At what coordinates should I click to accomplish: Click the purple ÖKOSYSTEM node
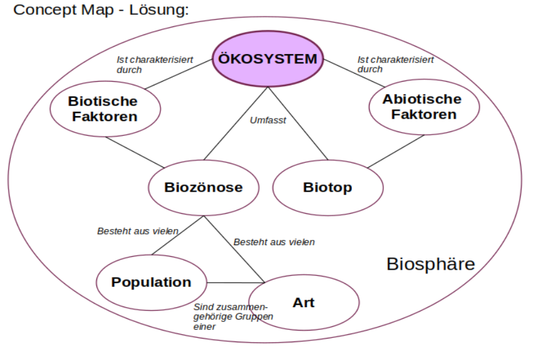point(268,59)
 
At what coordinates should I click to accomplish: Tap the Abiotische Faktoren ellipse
point(424,107)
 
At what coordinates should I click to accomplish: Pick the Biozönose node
point(203,187)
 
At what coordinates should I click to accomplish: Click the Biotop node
point(327,187)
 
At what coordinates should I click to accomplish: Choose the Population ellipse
point(151,283)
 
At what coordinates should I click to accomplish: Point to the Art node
point(303,302)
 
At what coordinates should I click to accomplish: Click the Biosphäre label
point(431,264)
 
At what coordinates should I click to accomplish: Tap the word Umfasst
point(268,120)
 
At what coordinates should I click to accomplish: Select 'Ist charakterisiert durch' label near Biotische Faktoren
point(155,65)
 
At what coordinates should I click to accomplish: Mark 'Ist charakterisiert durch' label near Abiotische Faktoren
point(396,64)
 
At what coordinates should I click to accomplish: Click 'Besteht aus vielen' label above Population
point(138,232)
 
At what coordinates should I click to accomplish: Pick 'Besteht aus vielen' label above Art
point(274,242)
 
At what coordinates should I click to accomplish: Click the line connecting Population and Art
point(236,283)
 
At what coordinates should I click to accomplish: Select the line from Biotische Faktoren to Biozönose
point(135,151)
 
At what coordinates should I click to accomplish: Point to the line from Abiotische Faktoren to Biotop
point(396,151)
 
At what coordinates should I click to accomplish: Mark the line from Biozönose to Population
point(178,235)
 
